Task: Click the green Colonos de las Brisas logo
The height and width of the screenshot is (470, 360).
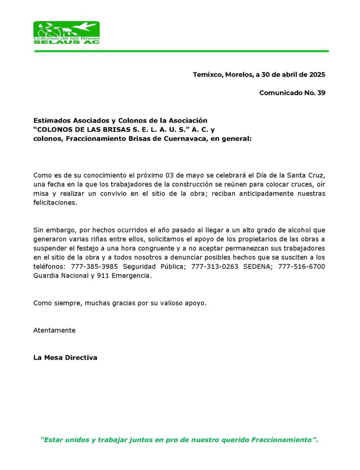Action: coord(66,33)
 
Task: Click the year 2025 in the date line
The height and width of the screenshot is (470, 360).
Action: coord(317,74)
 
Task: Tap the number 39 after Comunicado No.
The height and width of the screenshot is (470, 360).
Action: coord(321,93)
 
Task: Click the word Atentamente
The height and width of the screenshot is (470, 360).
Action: coord(54,330)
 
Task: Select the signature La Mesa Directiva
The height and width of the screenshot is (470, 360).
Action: coord(65,358)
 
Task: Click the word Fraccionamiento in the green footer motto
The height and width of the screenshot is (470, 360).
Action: coord(281,440)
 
